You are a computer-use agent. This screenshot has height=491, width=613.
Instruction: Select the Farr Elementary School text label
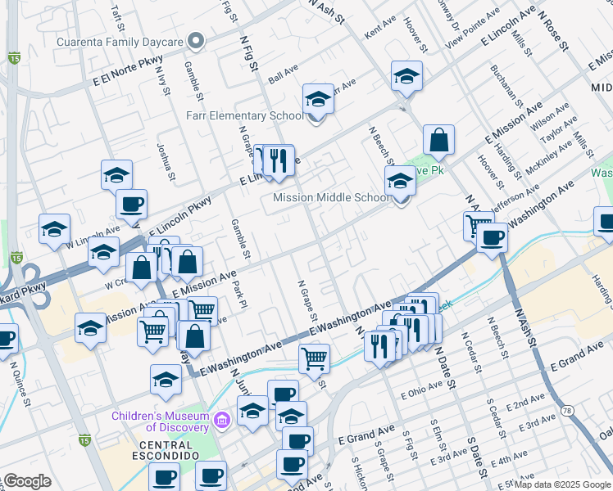click(x=244, y=116)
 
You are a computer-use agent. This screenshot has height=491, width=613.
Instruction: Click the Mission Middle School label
click(x=331, y=198)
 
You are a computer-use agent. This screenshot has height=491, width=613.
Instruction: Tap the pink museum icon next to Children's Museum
click(x=220, y=421)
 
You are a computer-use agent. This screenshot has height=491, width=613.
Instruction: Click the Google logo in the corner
click(x=26, y=482)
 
